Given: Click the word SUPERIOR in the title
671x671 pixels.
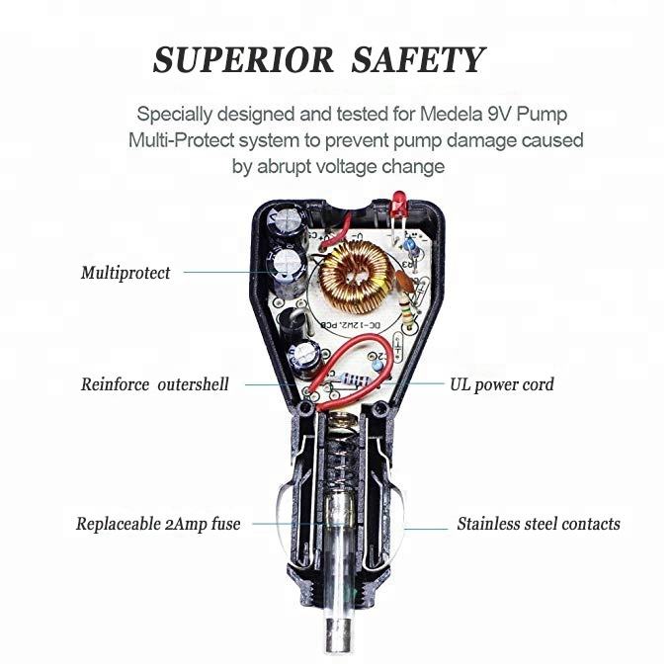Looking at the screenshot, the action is [x=244, y=60].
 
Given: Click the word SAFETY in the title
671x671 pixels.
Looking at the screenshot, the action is [x=420, y=60].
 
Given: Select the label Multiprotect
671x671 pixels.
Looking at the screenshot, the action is [x=126, y=273].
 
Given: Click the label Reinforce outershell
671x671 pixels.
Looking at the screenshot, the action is [x=154, y=384].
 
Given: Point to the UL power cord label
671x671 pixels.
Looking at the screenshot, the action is [x=502, y=384].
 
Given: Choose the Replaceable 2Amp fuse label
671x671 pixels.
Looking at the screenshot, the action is [x=158, y=524].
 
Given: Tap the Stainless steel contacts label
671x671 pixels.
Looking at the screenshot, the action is [x=539, y=524].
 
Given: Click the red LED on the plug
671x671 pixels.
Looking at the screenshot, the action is [x=398, y=206].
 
